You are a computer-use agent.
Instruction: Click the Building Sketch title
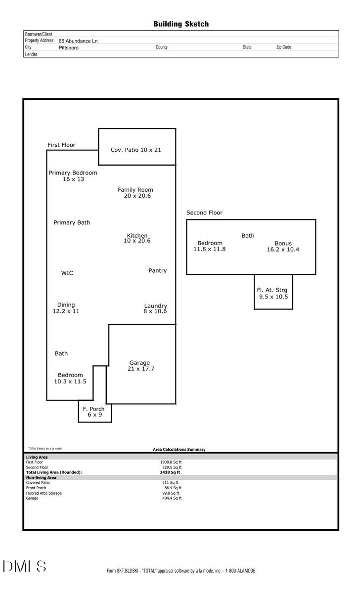point(180,24)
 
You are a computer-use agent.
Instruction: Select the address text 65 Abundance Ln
point(78,41)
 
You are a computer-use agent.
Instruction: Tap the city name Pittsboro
point(68,48)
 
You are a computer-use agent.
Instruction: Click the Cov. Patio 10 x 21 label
point(135,150)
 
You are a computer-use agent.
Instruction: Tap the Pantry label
point(158,271)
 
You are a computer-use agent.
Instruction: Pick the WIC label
point(67,273)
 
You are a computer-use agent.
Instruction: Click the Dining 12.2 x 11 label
point(66,308)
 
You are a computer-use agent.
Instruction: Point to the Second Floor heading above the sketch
point(204,212)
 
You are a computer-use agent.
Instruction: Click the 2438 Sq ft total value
point(167,472)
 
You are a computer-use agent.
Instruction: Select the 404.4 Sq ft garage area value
point(172,498)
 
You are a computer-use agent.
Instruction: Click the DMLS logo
point(24,567)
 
